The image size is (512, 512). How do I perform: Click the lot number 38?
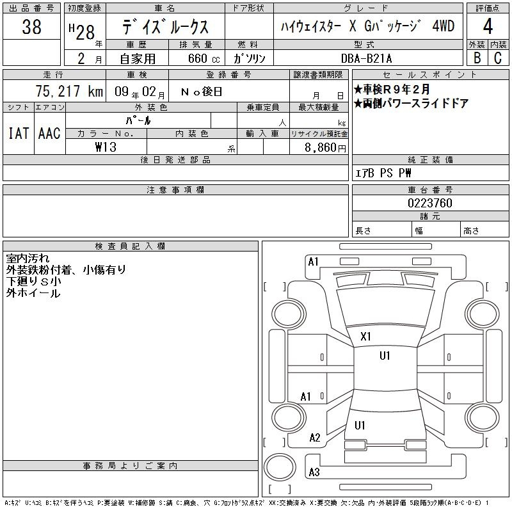[31, 26]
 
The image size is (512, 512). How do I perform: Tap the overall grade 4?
[488, 26]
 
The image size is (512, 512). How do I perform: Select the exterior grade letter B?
[477, 58]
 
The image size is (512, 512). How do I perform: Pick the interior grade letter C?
[498, 58]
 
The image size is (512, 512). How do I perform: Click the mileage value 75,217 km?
[70, 91]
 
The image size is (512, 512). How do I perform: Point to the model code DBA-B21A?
[366, 58]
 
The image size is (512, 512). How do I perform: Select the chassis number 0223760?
[430, 203]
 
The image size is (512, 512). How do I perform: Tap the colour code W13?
[106, 147]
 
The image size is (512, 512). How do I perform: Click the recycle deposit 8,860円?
[325, 148]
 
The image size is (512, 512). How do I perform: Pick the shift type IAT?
[19, 133]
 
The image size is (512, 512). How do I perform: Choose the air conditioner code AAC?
[49, 133]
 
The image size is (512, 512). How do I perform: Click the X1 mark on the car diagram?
[365, 337]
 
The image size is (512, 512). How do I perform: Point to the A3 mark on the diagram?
[314, 472]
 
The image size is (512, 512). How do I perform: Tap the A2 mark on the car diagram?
[315, 438]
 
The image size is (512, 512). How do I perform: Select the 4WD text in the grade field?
[443, 26]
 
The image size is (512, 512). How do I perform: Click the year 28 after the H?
[85, 33]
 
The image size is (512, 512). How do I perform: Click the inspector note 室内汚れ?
[28, 259]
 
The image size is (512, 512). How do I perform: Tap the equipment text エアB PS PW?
[383, 173]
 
